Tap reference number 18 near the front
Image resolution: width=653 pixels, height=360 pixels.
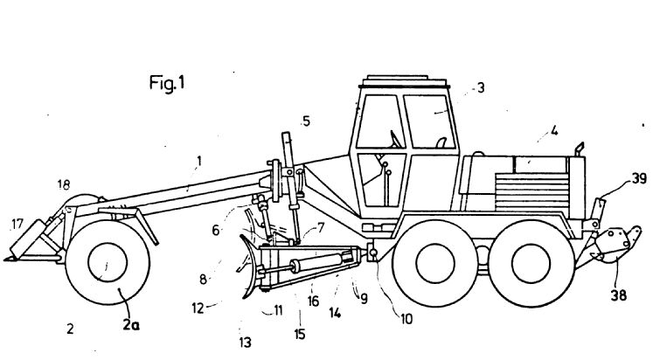63,186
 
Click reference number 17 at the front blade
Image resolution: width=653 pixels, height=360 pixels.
17,224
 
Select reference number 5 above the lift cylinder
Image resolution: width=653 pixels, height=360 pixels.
307,122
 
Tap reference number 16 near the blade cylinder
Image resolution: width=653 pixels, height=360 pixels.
313,300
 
